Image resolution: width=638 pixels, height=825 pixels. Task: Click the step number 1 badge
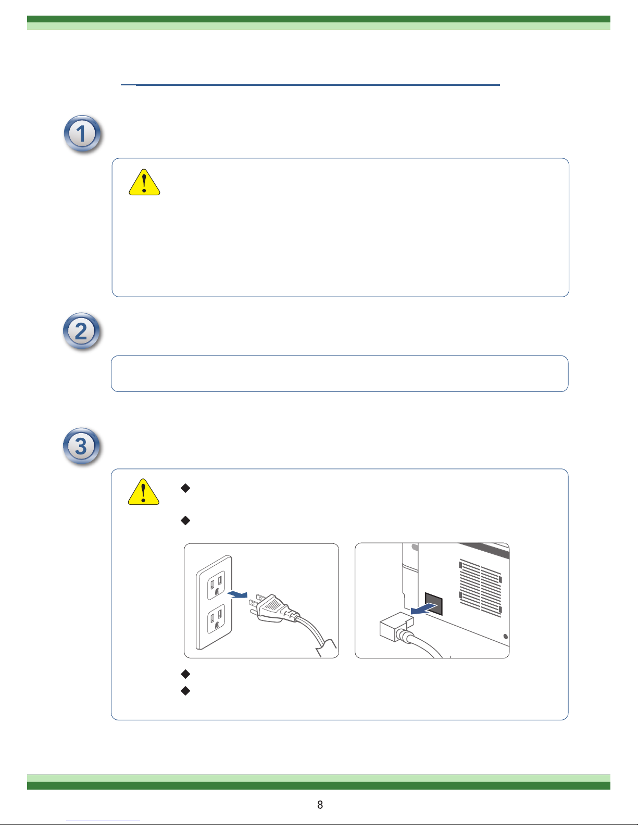click(x=82, y=134)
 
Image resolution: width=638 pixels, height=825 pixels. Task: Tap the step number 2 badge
click(x=81, y=331)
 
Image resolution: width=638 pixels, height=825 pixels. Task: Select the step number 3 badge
click(x=81, y=446)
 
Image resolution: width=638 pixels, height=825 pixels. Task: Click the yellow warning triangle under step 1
click(x=144, y=183)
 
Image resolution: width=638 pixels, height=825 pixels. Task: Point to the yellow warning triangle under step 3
click(x=144, y=492)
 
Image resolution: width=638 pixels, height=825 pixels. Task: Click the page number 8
click(x=320, y=805)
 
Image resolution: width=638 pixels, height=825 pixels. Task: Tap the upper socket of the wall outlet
click(x=216, y=585)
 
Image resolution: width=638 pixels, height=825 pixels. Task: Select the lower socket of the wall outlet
click(x=216, y=619)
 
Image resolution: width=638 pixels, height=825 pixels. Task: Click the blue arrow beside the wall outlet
click(x=237, y=594)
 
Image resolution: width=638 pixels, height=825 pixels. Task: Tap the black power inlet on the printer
click(x=434, y=603)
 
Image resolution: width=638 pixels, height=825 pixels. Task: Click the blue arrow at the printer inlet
click(x=424, y=609)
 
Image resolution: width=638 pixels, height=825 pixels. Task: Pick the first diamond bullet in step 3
click(x=185, y=488)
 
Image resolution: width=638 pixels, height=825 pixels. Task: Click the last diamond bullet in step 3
click(x=185, y=691)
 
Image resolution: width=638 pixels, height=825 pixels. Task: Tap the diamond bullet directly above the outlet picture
click(x=185, y=520)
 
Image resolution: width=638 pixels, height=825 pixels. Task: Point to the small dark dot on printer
click(x=506, y=637)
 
